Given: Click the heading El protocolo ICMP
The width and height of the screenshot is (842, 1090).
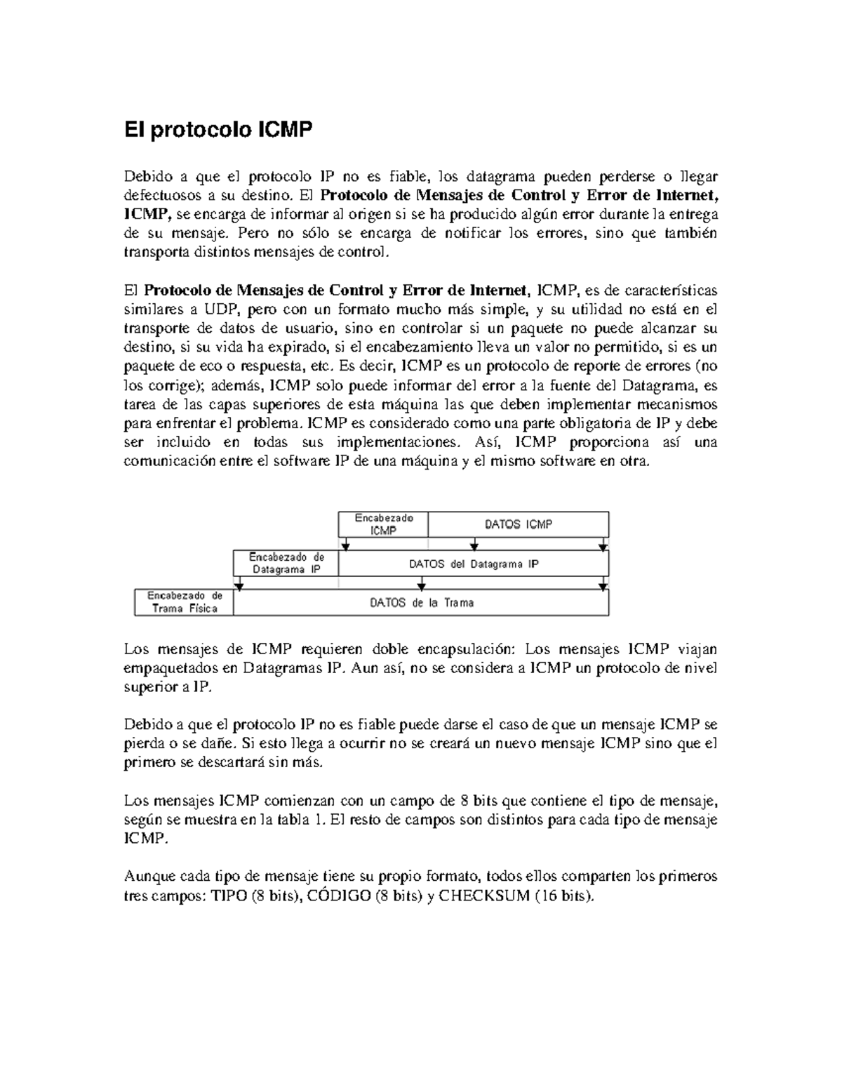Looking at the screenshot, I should (x=218, y=130).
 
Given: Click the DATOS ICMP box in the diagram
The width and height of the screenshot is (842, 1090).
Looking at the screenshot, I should (x=518, y=524).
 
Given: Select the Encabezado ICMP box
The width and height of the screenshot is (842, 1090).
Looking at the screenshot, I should (x=383, y=524).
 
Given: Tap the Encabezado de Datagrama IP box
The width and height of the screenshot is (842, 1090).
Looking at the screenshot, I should (x=286, y=563).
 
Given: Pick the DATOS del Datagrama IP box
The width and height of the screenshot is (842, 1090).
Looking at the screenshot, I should (x=474, y=564).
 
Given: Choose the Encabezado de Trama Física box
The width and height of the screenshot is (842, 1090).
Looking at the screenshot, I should (x=184, y=602).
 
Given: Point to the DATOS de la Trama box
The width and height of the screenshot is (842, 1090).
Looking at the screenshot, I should (x=421, y=602).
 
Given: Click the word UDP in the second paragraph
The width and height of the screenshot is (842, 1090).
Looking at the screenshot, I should (x=220, y=310).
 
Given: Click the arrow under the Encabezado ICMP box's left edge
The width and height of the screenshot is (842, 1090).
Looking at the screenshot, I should (x=345, y=545).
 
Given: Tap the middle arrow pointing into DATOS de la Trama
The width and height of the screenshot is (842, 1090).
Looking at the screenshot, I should (x=421, y=585).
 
